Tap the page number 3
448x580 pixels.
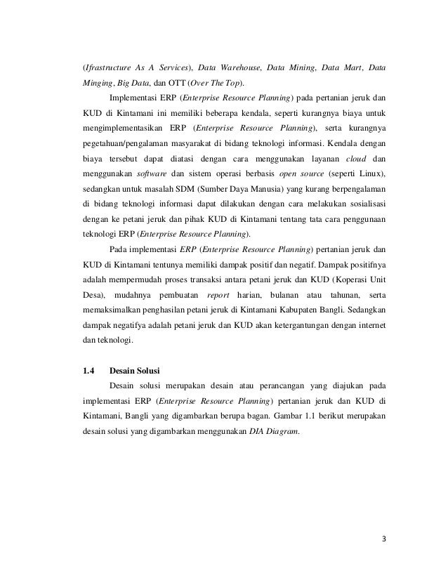(x=384, y=539)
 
